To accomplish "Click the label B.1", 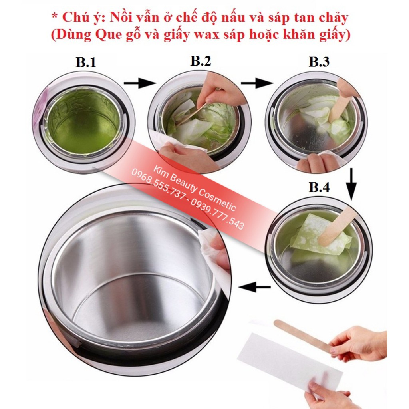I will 86,62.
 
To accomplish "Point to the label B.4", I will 319,187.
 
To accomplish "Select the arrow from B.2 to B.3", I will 256,83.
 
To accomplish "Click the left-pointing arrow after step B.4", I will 254,286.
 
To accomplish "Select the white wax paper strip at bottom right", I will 290,361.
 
